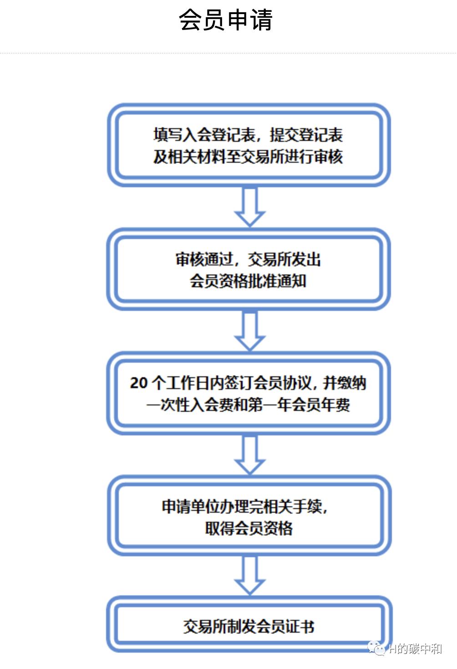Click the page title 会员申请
(226, 20)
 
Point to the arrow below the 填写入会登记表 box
(249, 207)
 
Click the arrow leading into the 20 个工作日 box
(249, 330)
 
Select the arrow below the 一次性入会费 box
(249, 454)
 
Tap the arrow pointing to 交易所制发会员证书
(249, 575)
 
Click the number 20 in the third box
(138, 383)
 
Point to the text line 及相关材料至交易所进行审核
(248, 157)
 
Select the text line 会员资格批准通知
(248, 281)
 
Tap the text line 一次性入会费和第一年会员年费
(248, 404)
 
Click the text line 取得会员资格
(249, 528)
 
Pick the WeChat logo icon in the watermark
(376, 648)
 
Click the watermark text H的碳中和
(415, 649)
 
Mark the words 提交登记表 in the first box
(306, 135)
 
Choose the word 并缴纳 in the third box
(345, 383)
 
